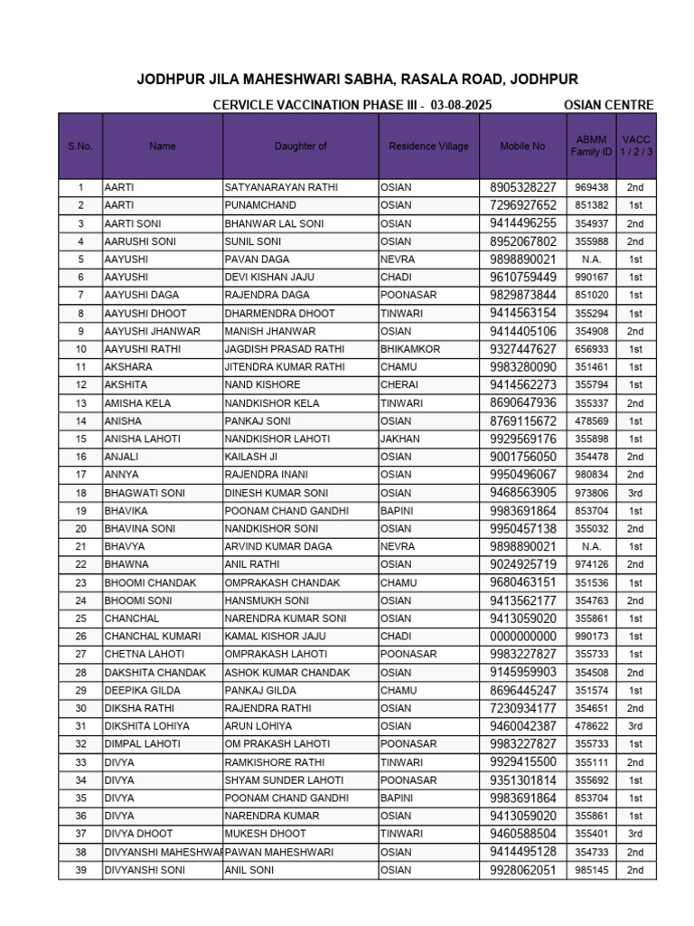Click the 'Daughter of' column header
click(x=300, y=146)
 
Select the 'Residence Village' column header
click(x=428, y=146)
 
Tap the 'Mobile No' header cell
click(x=523, y=146)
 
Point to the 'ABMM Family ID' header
click(x=591, y=146)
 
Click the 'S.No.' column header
click(x=80, y=146)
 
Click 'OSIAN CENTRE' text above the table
click(x=608, y=105)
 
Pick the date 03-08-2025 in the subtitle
click(x=461, y=105)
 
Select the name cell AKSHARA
click(x=128, y=367)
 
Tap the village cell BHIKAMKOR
click(x=410, y=349)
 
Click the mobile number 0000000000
click(x=523, y=637)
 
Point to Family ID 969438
click(x=591, y=187)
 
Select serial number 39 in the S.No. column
click(x=80, y=870)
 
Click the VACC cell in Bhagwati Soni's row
click(x=635, y=493)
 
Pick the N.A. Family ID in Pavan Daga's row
click(x=591, y=260)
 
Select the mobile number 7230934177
click(x=523, y=708)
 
